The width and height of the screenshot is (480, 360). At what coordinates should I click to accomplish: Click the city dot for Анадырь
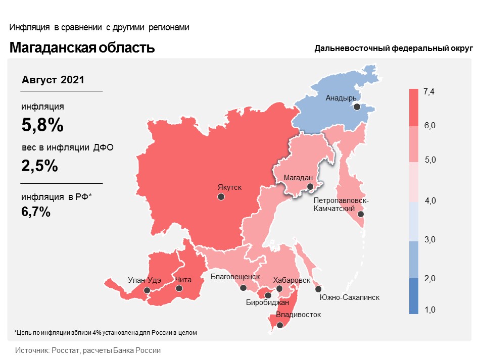[357, 107]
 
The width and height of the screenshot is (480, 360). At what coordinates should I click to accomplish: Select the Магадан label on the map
[299, 178]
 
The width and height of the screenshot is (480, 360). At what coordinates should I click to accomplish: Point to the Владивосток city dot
[281, 325]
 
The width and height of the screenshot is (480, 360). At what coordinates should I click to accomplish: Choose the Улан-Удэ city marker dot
[147, 290]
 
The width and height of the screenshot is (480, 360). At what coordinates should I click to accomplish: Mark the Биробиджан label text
[267, 303]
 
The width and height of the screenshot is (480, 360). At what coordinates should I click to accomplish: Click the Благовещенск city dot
[244, 288]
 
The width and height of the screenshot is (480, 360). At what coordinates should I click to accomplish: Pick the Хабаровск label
[292, 280]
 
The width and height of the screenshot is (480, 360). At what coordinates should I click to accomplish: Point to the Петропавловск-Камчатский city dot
[361, 214]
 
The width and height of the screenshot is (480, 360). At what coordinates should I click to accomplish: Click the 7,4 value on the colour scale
[429, 91]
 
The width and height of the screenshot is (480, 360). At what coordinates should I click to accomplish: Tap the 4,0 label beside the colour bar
[430, 201]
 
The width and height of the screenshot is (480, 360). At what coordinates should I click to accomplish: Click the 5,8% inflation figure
[42, 125]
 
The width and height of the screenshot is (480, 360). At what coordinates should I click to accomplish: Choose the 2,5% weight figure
[39, 166]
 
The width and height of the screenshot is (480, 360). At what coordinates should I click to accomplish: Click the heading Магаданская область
[82, 48]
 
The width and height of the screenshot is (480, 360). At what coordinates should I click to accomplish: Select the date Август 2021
[53, 80]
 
